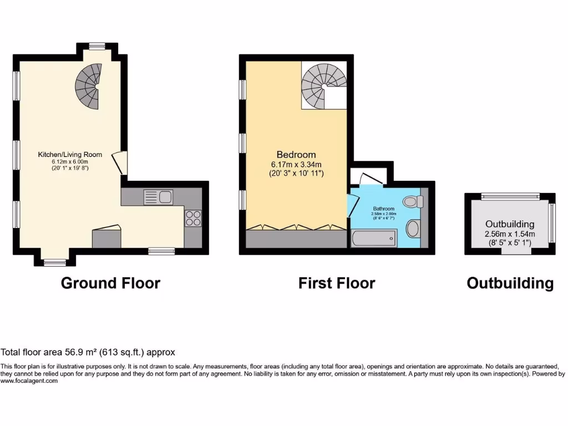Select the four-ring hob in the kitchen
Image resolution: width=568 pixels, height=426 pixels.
point(192,217)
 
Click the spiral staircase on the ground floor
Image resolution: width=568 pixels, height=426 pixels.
point(89,85)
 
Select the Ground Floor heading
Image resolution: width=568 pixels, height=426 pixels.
point(110,283)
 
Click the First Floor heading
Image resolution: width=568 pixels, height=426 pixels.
point(337,283)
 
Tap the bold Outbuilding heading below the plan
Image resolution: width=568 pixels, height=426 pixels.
point(510,283)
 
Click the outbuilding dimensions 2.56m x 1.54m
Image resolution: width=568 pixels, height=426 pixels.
point(510,234)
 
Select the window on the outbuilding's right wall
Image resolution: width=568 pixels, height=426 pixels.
point(551,223)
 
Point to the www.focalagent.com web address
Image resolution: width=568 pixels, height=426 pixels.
point(29,381)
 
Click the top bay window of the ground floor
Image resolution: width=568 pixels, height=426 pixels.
point(98,47)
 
